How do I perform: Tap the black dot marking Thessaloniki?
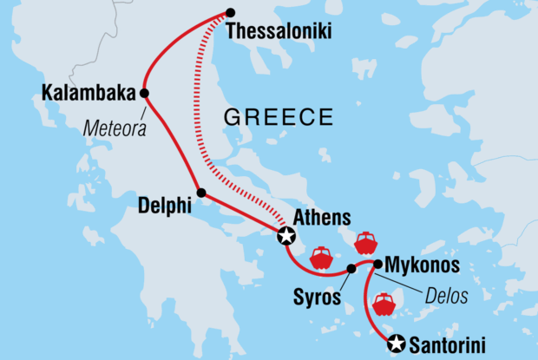click(x=230, y=13)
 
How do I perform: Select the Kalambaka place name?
click(x=88, y=92)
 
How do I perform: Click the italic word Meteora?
click(x=114, y=130)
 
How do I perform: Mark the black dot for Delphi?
click(x=201, y=193)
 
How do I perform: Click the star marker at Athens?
click(x=286, y=235)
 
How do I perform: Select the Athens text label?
click(x=322, y=216)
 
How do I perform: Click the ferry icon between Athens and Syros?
click(x=321, y=258)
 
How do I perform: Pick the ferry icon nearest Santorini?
click(x=384, y=305)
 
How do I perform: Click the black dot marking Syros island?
click(x=351, y=268)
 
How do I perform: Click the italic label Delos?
click(x=447, y=296)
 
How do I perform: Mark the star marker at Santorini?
click(x=397, y=344)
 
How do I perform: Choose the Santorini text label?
click(x=449, y=344)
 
